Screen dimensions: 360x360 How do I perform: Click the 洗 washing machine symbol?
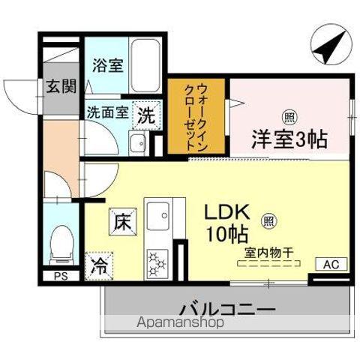[146, 115]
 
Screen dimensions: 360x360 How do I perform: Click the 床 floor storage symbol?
[122, 221]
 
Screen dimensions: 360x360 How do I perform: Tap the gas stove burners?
[158, 262]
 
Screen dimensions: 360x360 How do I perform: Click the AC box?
[331, 263]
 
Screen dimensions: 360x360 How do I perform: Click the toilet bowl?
[59, 242]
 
